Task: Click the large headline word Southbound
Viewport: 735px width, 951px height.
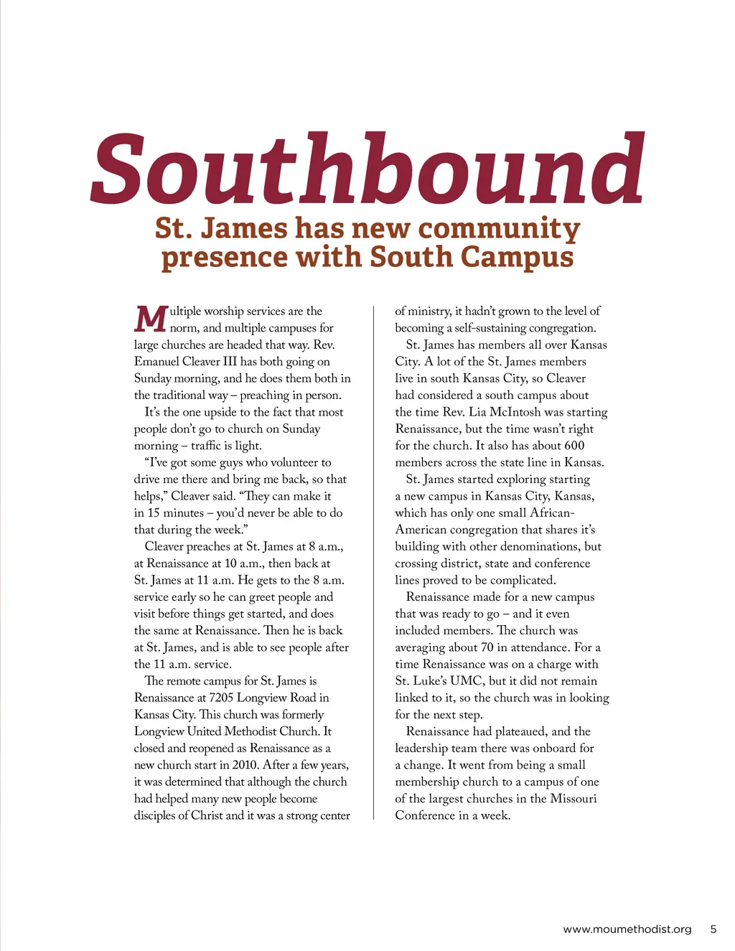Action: [367, 169]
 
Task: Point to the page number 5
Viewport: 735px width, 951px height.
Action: [713, 929]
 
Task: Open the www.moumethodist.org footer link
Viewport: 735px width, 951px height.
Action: [627, 929]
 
